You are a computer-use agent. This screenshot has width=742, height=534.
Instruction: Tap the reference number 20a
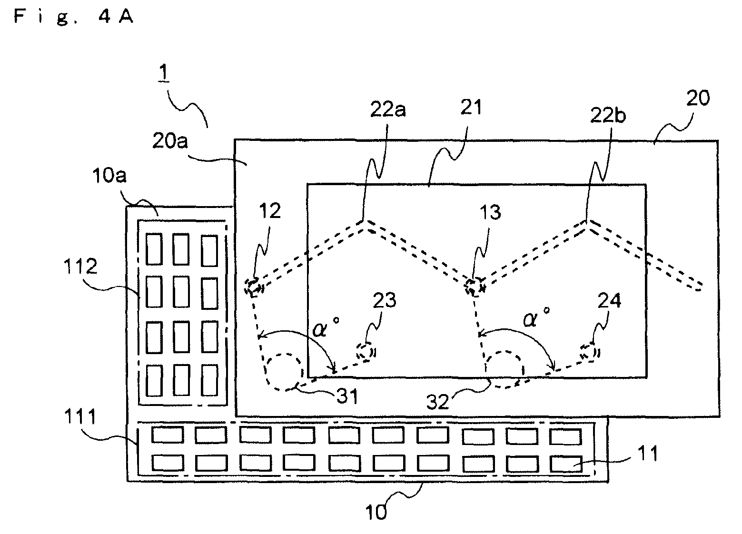pos(170,141)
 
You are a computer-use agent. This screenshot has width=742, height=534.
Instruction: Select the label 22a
pos(388,109)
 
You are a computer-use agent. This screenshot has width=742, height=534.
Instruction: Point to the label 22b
pos(608,116)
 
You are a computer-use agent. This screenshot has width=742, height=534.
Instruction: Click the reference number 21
pos(471,108)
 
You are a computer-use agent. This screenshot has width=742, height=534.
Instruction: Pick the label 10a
pos(109,175)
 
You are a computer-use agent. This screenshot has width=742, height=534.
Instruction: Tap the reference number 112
pos(80,267)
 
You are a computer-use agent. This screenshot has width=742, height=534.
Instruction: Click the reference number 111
pos(80,416)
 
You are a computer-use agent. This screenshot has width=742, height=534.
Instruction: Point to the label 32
pos(437,402)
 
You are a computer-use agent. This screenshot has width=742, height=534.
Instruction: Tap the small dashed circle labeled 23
pos(366,352)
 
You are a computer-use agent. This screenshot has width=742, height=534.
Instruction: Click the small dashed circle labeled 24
pos(590,352)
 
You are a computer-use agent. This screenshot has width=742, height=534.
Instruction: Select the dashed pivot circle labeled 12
pos(254,287)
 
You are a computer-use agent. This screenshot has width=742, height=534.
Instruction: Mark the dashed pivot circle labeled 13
pos(475,287)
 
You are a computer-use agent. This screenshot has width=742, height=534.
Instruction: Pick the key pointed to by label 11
pos(566,464)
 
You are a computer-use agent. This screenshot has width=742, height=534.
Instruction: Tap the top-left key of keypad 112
pos(154,249)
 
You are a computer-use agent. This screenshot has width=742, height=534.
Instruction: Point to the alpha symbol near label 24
pos(531,320)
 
